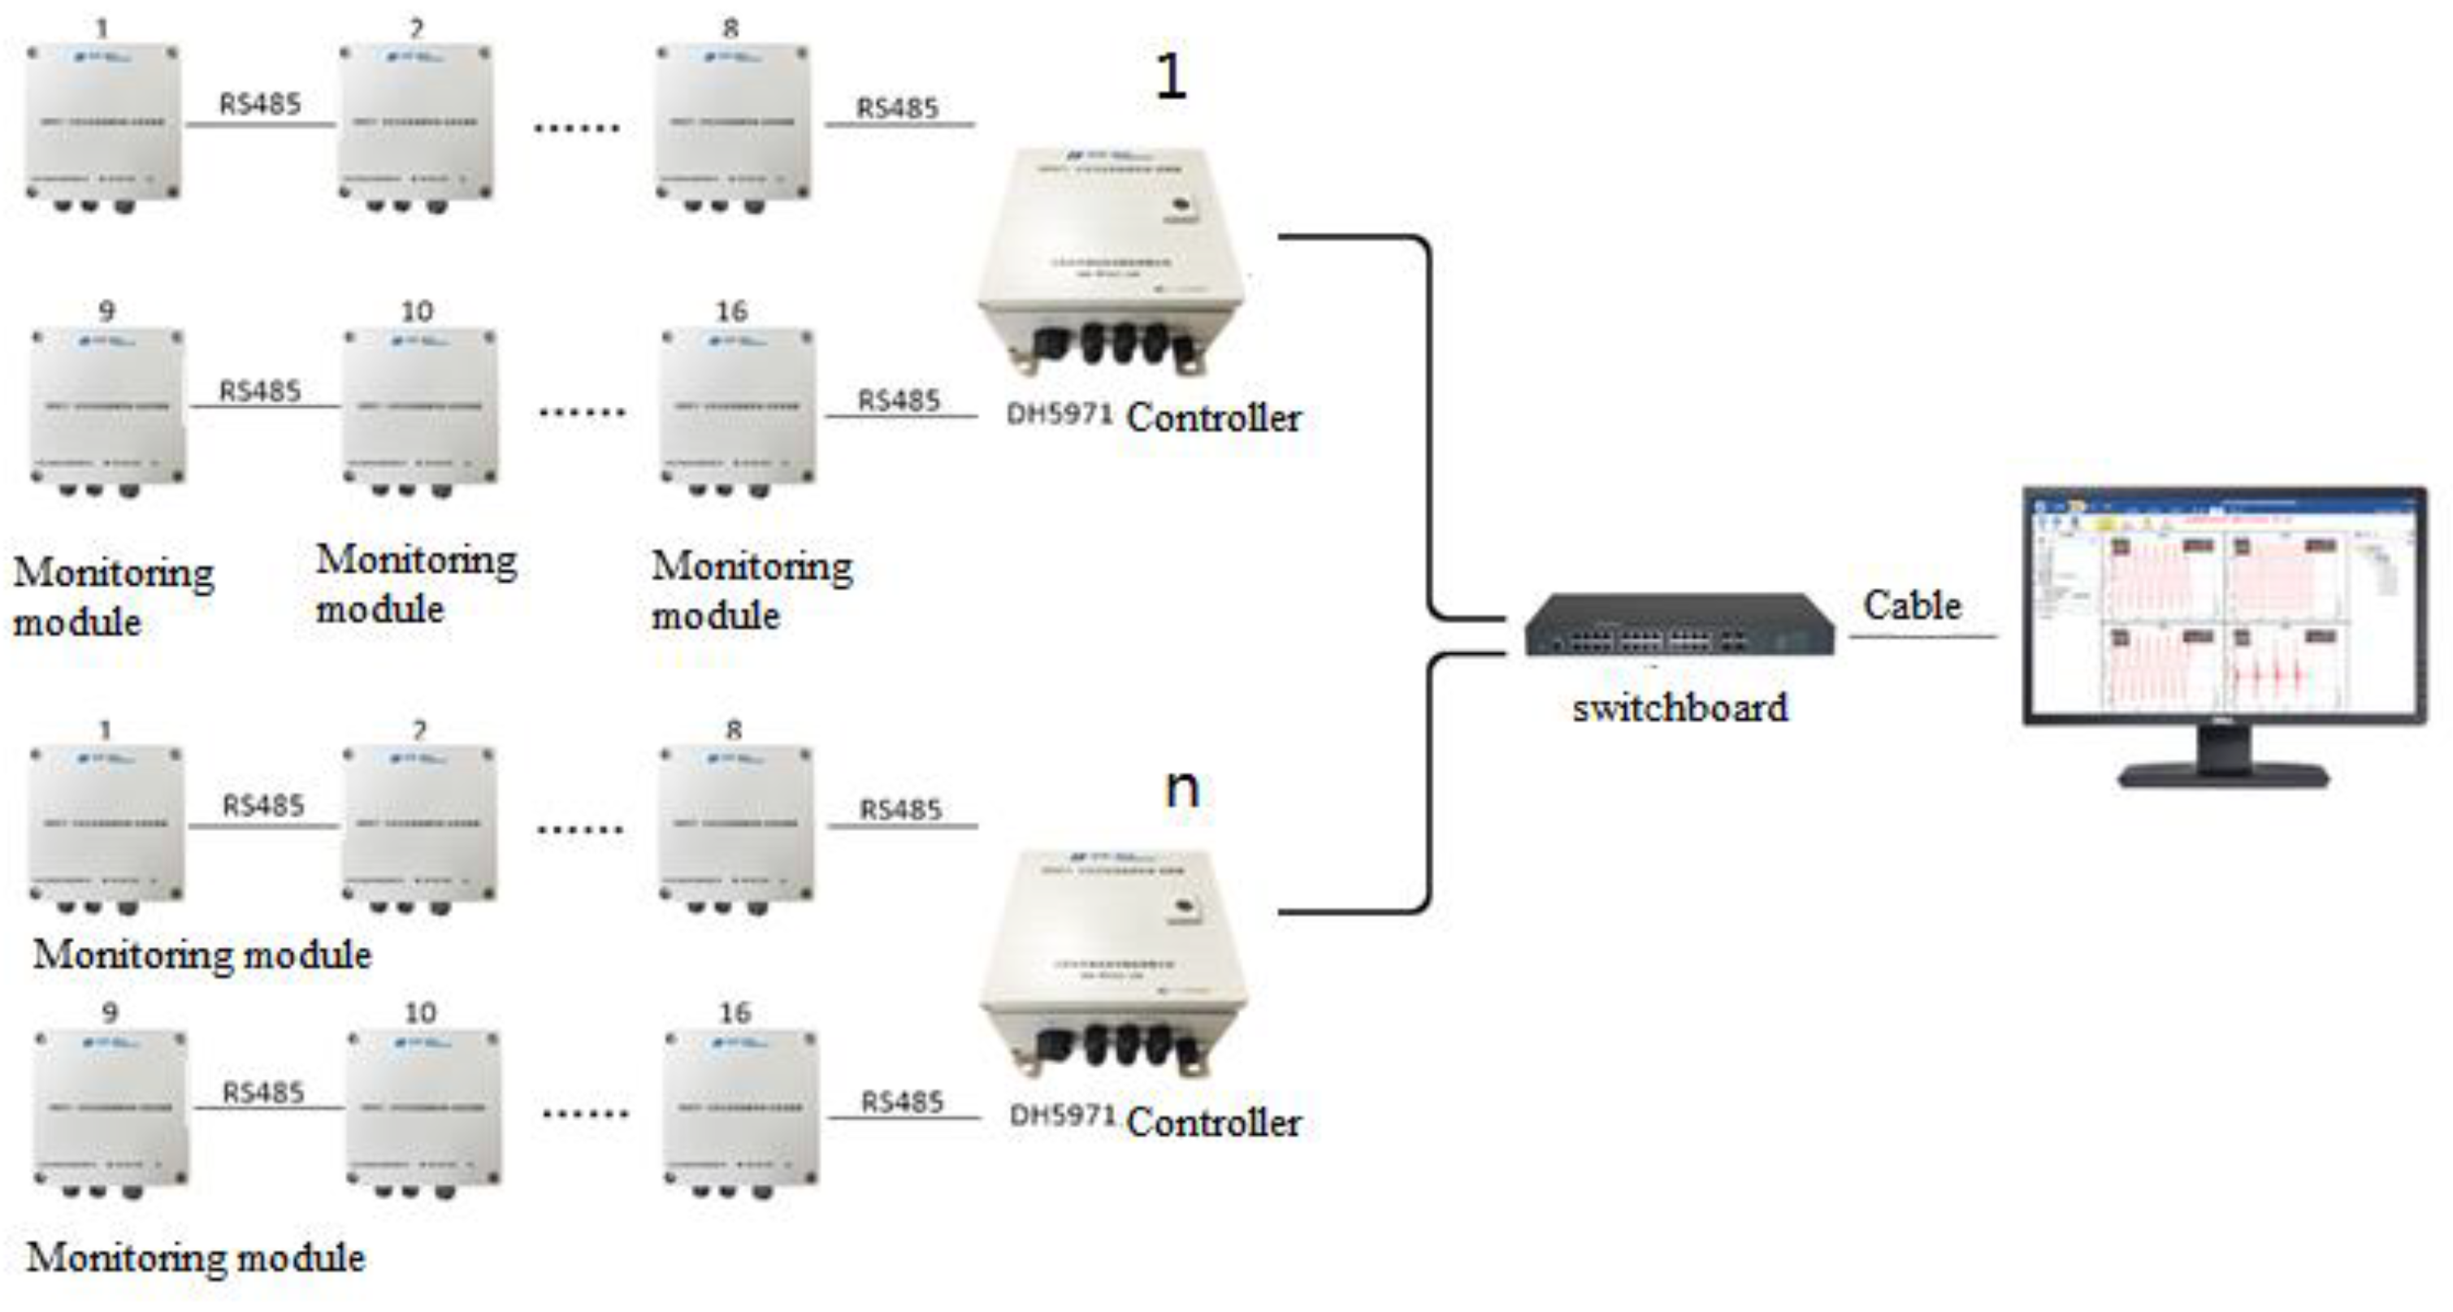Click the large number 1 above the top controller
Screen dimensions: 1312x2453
click(1170, 76)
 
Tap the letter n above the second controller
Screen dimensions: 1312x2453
click(1181, 788)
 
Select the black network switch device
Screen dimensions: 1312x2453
click(1679, 625)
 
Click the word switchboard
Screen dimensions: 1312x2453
click(1679, 708)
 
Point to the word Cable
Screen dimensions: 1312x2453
click(1911, 605)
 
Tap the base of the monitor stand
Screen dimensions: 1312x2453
click(2224, 775)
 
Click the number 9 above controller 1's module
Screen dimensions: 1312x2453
click(106, 311)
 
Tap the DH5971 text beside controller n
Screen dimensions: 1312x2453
click(1062, 1115)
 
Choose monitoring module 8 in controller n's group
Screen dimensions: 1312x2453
click(736, 825)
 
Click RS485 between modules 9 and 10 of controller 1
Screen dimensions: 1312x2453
click(260, 392)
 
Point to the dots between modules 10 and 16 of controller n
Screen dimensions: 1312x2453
click(585, 1113)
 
